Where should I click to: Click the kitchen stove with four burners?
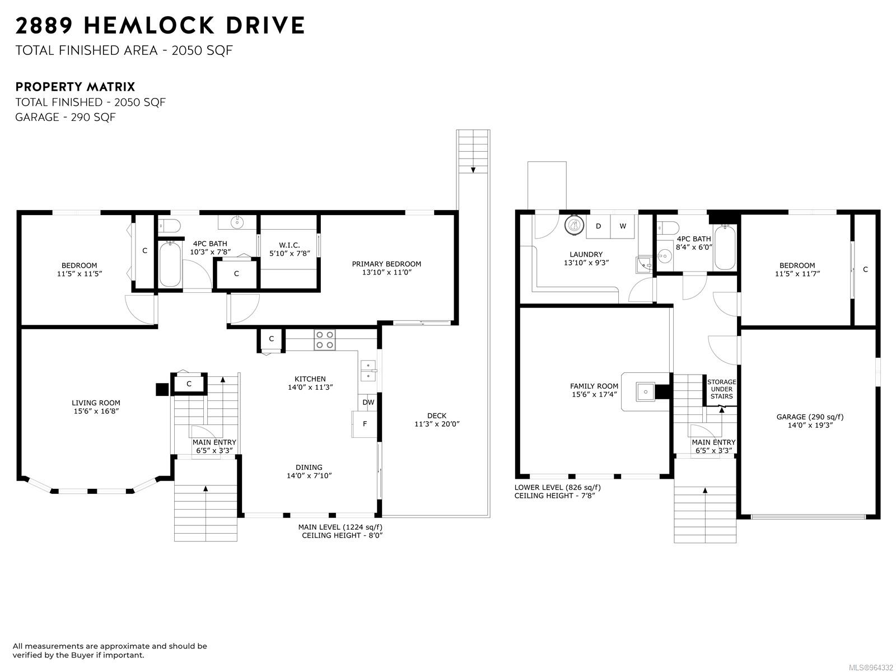(x=324, y=340)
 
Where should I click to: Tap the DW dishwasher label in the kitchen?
(x=368, y=402)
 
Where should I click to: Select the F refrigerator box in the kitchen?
(x=364, y=424)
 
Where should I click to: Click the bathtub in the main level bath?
(x=170, y=264)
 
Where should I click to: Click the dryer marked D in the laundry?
(x=598, y=226)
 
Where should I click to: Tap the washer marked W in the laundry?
(x=623, y=226)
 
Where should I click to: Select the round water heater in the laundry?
(x=575, y=225)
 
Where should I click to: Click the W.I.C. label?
(x=290, y=245)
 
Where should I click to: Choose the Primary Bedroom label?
(x=386, y=264)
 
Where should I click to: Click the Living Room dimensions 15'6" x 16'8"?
(x=96, y=411)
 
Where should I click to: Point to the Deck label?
(x=437, y=416)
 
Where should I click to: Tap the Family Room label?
(x=594, y=386)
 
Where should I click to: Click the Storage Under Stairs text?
(x=721, y=389)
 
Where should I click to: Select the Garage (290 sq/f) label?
(x=810, y=417)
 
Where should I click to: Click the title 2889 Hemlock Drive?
(x=160, y=25)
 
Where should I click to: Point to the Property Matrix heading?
(x=75, y=87)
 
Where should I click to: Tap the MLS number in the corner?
(x=871, y=668)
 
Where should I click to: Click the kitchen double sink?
(x=368, y=371)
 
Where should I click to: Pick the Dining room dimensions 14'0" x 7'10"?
(x=309, y=476)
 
